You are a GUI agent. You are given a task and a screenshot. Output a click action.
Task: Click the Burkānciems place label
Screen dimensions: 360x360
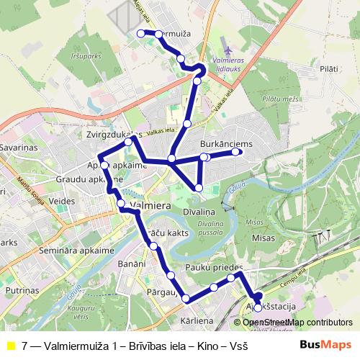(226, 144)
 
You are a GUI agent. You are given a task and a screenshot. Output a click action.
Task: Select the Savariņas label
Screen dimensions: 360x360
(18, 146)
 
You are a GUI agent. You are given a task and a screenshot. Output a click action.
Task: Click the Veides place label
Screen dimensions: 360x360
(63, 201)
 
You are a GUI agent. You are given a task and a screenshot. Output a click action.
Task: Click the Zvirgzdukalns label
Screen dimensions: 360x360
(109, 134)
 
